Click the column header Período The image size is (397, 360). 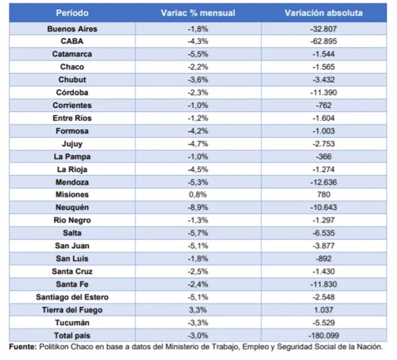coord(72,13)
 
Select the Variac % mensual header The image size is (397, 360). coord(198,13)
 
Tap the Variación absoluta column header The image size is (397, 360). coord(324,13)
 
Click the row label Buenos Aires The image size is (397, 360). coord(72,29)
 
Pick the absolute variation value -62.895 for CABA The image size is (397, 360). coord(324,41)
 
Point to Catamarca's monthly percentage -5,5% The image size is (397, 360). coord(198,54)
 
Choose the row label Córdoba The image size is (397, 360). coord(72,93)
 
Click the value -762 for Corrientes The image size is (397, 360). coord(324,105)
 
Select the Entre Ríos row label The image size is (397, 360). coord(72,118)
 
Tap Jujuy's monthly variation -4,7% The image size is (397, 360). coord(198,144)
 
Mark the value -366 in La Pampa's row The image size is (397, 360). coord(324,157)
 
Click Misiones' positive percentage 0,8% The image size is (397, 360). coord(198,195)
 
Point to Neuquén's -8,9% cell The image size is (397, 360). coord(198,208)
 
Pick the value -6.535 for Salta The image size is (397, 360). coord(324,233)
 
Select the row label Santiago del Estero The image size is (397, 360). coord(72,297)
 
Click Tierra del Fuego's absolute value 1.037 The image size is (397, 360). coord(324,310)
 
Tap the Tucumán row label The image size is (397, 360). coord(72,323)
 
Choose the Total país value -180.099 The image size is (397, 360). coord(324,336)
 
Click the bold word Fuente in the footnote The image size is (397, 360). coord(23,347)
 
